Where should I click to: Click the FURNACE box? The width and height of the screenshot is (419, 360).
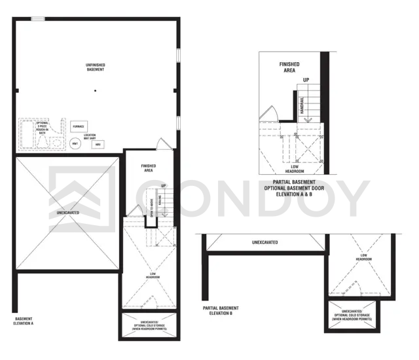(x=77, y=126)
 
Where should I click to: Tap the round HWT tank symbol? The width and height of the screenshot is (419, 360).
(x=77, y=143)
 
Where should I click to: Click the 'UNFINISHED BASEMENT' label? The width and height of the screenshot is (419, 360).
(x=95, y=67)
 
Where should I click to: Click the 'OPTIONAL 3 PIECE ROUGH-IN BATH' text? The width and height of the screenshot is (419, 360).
(x=42, y=127)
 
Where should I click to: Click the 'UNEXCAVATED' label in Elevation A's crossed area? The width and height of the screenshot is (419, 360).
(x=68, y=213)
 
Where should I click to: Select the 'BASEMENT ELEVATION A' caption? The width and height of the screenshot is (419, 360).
(x=24, y=321)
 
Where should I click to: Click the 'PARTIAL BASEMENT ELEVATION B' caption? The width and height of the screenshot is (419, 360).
(x=221, y=311)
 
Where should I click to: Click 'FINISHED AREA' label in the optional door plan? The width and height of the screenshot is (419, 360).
(x=289, y=66)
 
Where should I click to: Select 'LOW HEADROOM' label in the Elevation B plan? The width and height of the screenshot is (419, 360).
(x=364, y=258)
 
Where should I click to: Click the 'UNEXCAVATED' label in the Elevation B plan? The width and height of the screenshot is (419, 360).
(x=264, y=242)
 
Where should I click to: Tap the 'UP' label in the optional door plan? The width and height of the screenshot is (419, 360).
(x=306, y=80)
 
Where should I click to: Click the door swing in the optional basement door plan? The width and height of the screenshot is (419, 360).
(x=267, y=114)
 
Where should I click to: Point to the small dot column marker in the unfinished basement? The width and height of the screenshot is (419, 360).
(x=95, y=90)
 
